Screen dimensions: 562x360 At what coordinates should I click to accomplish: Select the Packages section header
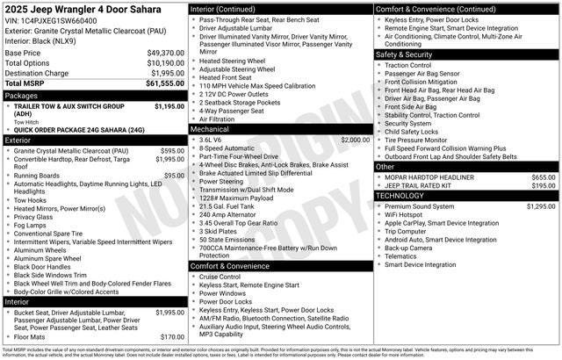(x=22, y=95)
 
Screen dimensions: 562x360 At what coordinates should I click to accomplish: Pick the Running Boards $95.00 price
(x=174, y=176)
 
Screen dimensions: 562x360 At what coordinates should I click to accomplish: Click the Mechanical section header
(x=210, y=128)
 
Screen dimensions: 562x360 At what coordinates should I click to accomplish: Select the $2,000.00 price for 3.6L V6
(x=356, y=139)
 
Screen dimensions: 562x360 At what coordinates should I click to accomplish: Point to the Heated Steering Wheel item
(x=233, y=60)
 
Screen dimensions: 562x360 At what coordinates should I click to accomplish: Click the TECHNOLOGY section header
(x=400, y=196)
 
